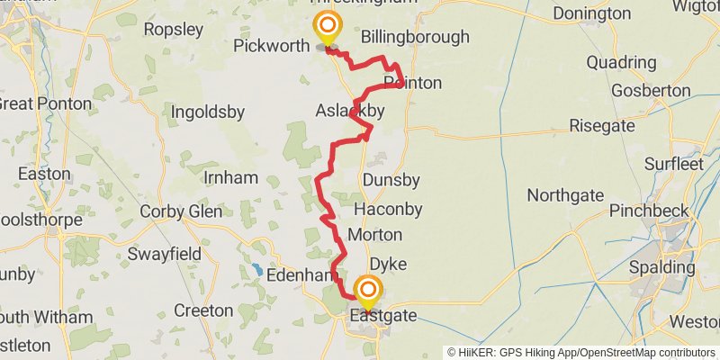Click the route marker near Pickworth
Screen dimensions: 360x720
327,28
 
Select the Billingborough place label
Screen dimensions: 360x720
415,37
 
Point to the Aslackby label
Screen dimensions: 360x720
350,111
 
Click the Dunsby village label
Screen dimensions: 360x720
391,180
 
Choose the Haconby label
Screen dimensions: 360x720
388,208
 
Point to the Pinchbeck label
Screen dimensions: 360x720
649,211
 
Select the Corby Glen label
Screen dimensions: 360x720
181,212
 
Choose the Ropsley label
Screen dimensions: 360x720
173,29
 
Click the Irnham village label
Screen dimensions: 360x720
231,177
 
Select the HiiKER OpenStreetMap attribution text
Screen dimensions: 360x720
581,352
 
